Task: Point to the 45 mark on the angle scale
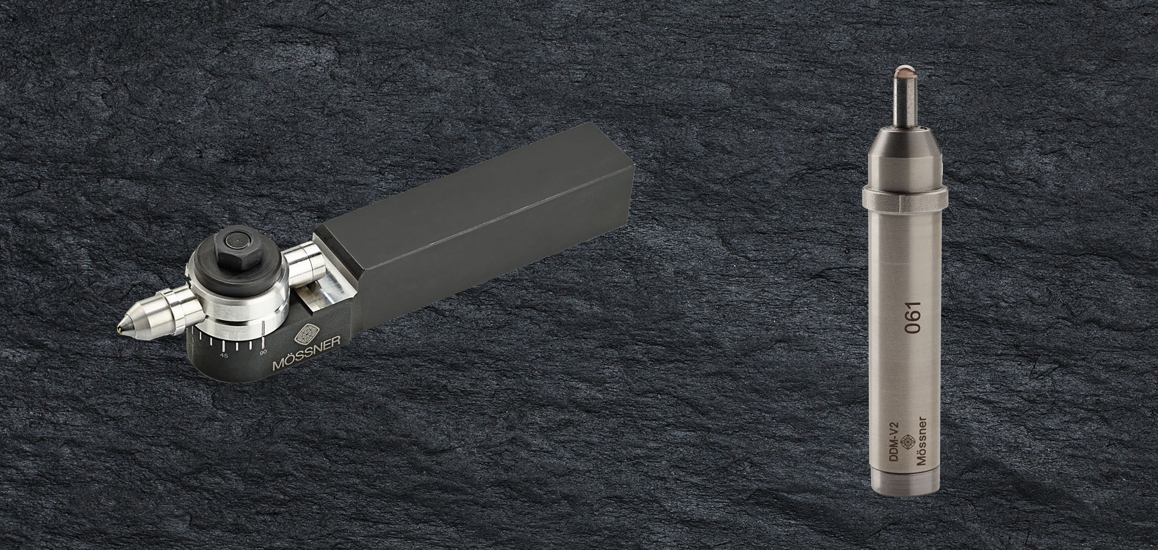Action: coord(224,356)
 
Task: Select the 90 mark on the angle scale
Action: coord(262,352)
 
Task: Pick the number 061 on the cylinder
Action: coord(913,319)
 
